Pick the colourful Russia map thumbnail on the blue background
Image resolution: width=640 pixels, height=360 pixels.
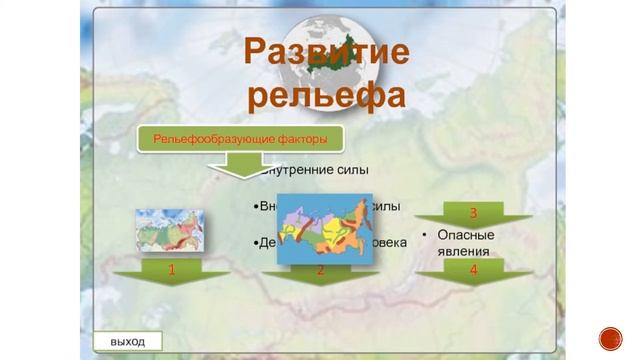321,229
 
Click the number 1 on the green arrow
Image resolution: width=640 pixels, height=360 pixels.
171,270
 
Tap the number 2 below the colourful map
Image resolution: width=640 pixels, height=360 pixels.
320,270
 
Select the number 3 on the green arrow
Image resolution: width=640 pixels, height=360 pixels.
472,213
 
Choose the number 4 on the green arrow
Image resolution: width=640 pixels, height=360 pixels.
472,270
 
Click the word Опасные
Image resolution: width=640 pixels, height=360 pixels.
466,235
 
